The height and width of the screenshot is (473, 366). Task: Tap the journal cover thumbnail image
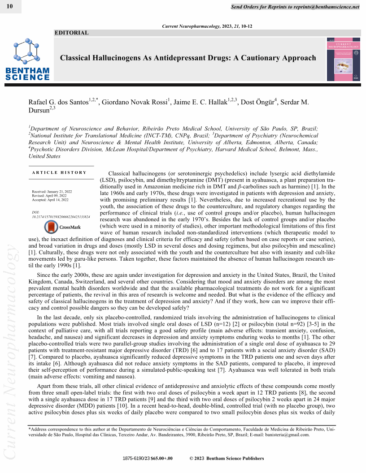[343, 59]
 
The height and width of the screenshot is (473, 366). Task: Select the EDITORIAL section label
[71, 33]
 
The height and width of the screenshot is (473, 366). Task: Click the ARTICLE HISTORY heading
[59, 172]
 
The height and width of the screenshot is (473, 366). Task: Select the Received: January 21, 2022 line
[52, 192]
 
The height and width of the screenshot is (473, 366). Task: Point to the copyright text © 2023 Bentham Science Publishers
[227, 458]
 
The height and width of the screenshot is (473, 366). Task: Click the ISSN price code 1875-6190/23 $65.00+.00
[148, 458]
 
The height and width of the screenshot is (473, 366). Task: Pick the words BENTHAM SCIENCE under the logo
[27, 74]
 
